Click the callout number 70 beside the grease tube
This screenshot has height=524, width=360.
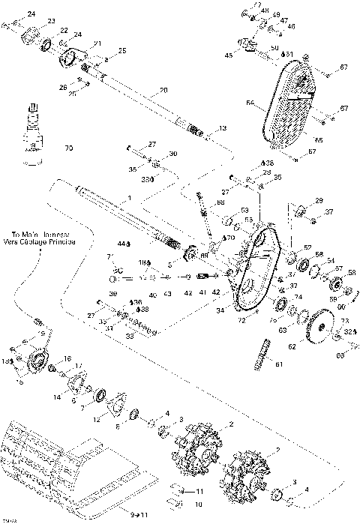70,148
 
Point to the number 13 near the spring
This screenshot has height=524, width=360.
222,127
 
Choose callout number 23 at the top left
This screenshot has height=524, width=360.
51,20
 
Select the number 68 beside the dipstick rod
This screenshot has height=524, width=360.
220,202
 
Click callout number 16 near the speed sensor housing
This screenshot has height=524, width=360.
67,359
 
